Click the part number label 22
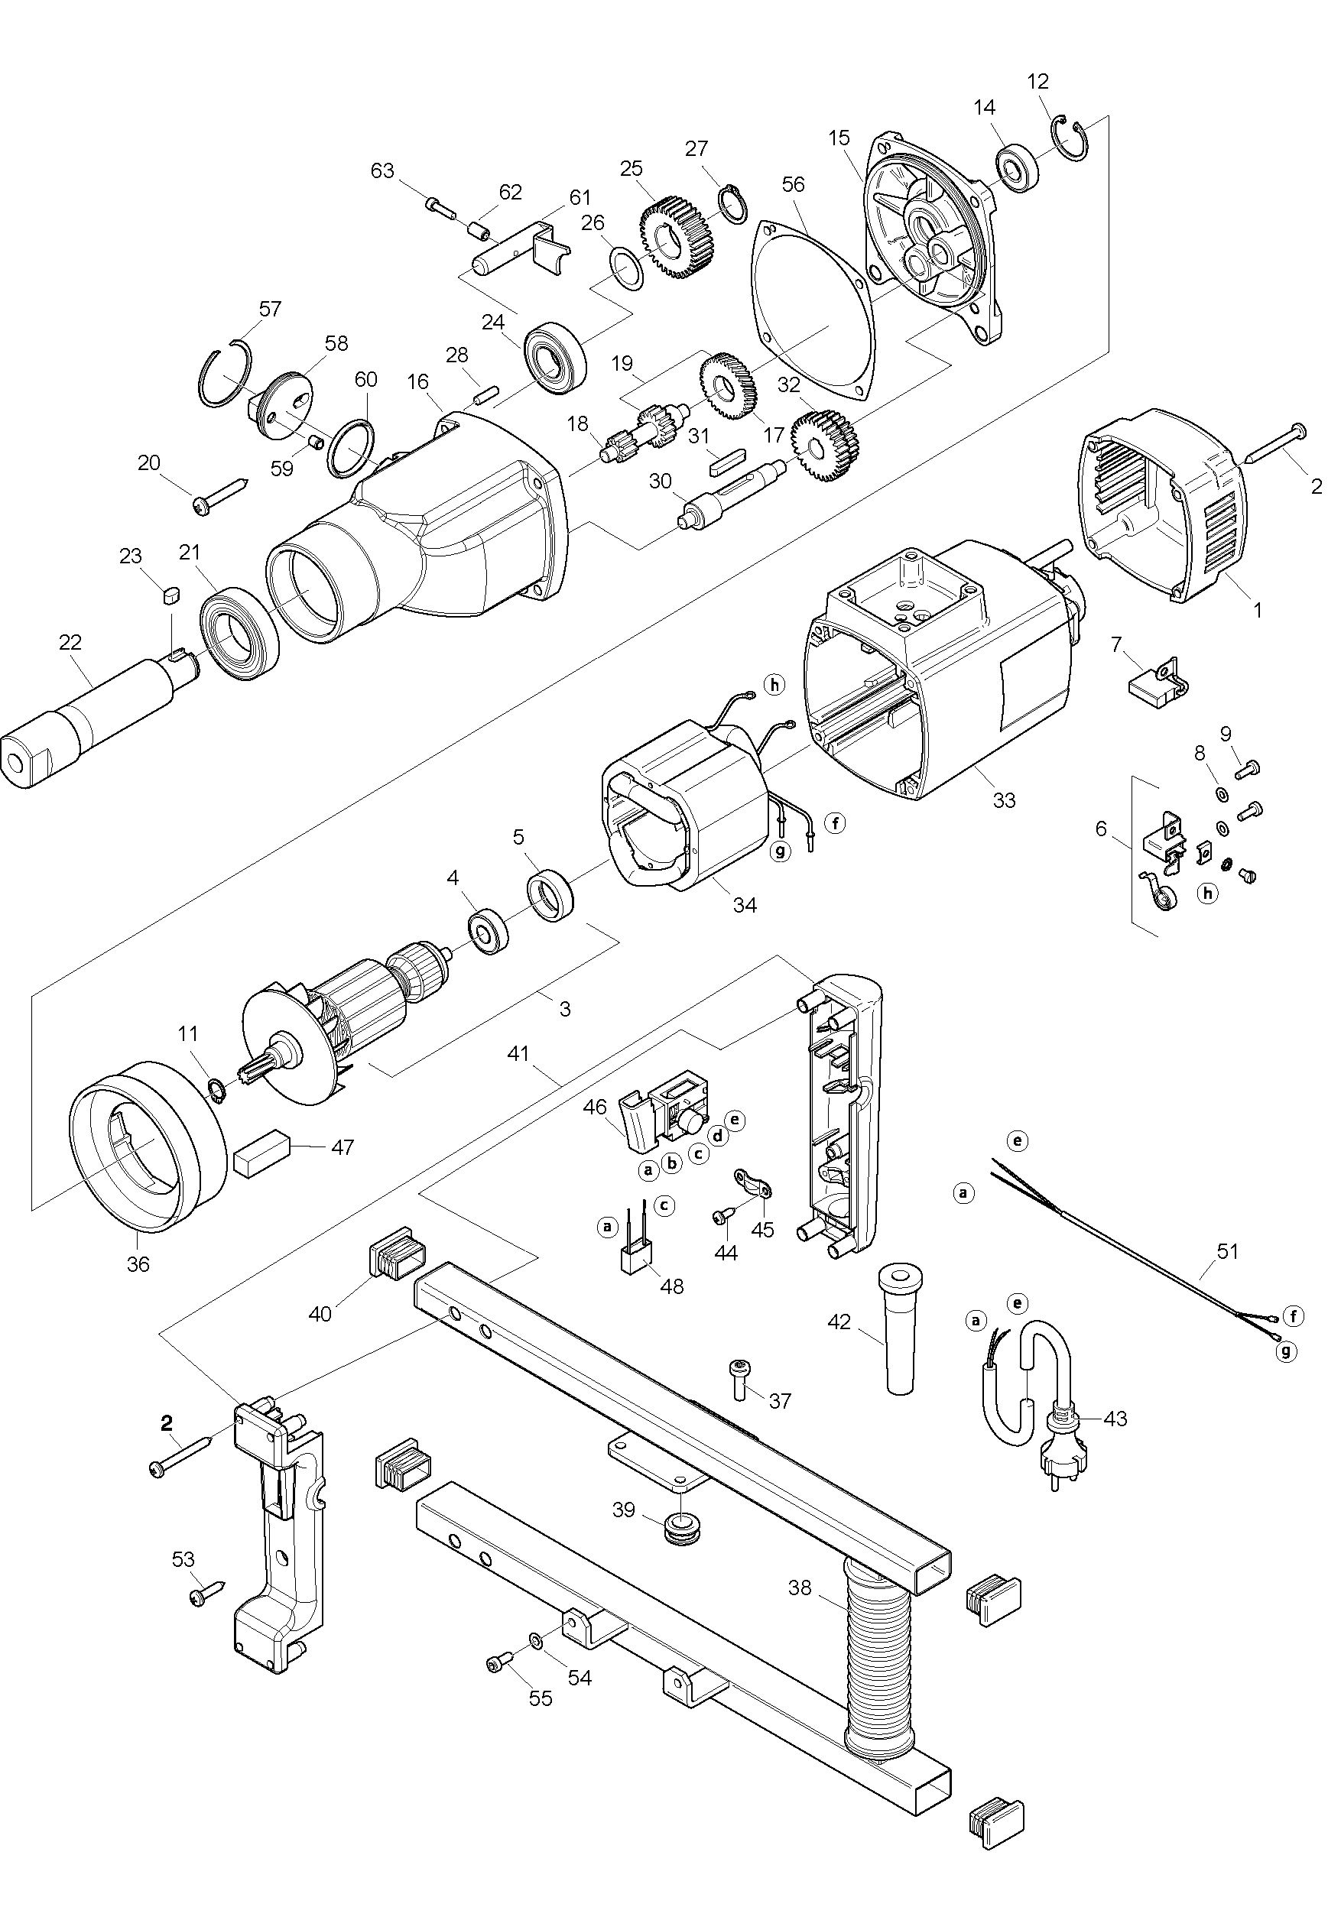point(71,641)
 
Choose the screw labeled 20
point(220,495)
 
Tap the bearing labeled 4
point(489,932)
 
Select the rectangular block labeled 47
point(261,1155)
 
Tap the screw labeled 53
point(206,1594)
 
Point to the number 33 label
point(1005,800)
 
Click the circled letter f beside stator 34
point(835,822)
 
